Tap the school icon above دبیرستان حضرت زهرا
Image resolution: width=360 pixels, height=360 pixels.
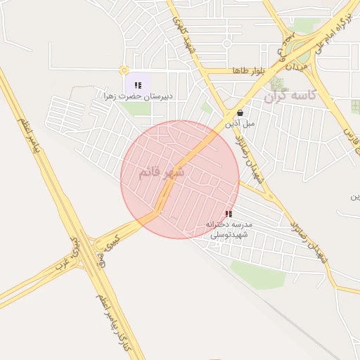[138, 85]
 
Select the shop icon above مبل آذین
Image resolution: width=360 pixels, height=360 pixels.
[240, 112]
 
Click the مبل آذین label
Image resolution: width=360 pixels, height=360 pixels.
[240, 123]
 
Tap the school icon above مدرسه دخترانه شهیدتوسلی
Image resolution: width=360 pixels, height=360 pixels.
[228, 213]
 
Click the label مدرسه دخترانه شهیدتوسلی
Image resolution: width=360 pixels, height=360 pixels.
[229, 229]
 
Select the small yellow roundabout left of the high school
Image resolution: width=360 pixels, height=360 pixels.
[124, 70]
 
